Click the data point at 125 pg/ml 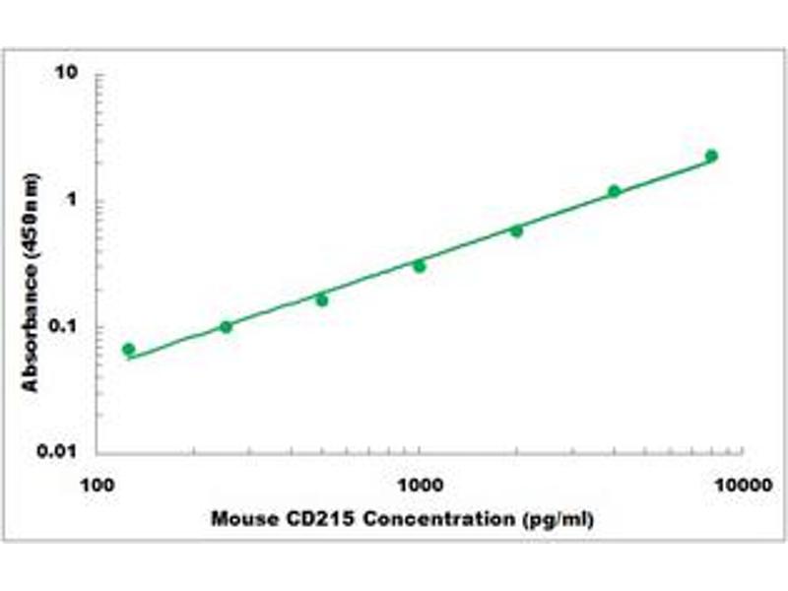coord(128,350)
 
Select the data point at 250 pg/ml coord(226,327)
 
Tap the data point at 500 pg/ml coord(322,299)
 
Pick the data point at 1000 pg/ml coord(420,266)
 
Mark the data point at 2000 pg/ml coord(516,230)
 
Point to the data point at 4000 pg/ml coord(614,191)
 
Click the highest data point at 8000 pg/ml coord(711,156)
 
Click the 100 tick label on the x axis coord(97,485)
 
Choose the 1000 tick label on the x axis coord(420,485)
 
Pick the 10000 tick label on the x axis coord(742,485)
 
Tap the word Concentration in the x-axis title coord(430,519)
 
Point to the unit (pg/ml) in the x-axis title coord(557,519)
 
